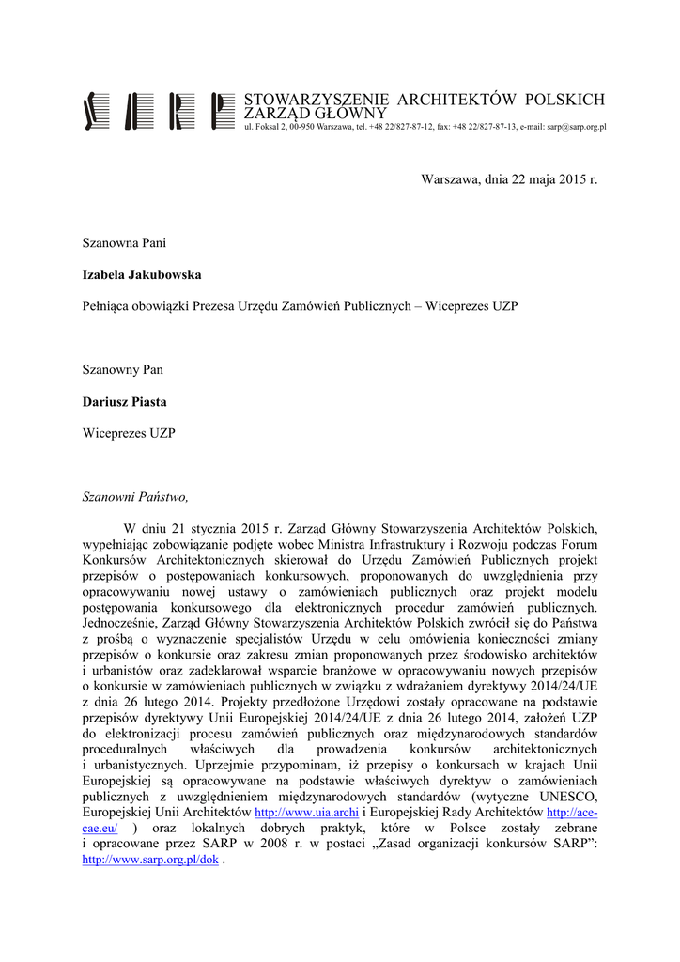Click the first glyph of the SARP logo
[91, 111]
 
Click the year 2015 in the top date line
[572, 178]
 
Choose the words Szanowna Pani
[125, 243]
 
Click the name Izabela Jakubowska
[142, 275]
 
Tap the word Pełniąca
[109, 307]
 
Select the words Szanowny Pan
[123, 370]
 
